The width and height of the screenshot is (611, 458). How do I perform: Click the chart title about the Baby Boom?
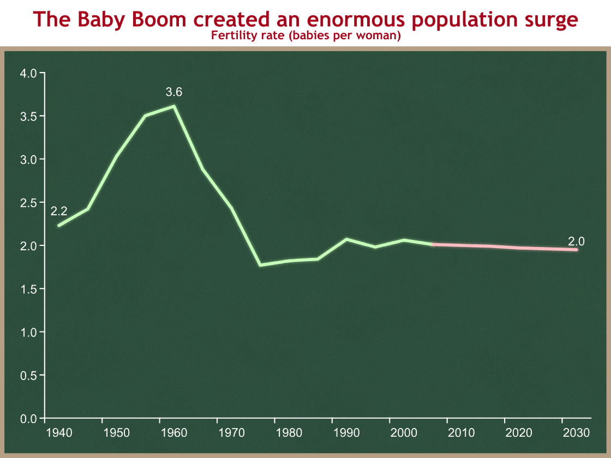coord(305,20)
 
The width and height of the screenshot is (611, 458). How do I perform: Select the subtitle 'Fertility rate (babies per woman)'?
coord(305,37)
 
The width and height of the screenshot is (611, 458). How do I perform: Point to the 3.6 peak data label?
coord(174,92)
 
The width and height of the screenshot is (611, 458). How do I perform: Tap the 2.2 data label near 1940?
coord(59,212)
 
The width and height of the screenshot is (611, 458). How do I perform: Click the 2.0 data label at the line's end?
coord(576,242)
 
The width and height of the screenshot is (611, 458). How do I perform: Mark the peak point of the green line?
coord(174,106)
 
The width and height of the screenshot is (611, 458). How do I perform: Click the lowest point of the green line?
coord(260,265)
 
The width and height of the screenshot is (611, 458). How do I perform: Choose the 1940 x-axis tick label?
coord(58,433)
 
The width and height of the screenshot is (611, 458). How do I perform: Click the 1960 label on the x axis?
coord(173,433)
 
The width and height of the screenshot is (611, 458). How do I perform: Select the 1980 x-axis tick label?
coord(289,433)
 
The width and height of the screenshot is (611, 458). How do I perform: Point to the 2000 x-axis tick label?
coord(404,433)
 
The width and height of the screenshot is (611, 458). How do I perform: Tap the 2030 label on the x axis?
coord(576,433)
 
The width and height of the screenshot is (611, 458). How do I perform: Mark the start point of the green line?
coord(59,225)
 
